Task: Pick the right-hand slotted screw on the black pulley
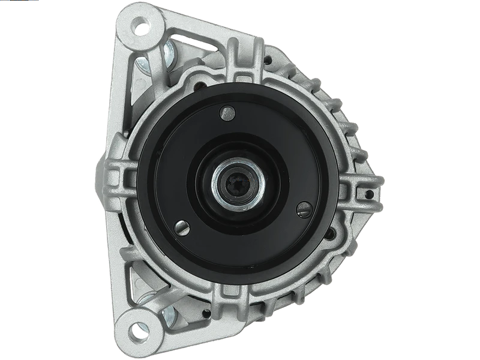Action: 302,208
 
